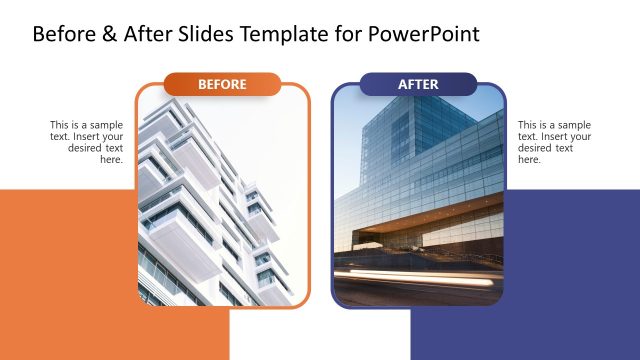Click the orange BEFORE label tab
[222, 84]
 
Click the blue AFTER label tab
[418, 84]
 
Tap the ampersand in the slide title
[109, 34]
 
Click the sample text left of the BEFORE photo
[88, 142]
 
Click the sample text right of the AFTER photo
[554, 142]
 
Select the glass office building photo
[418, 190]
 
